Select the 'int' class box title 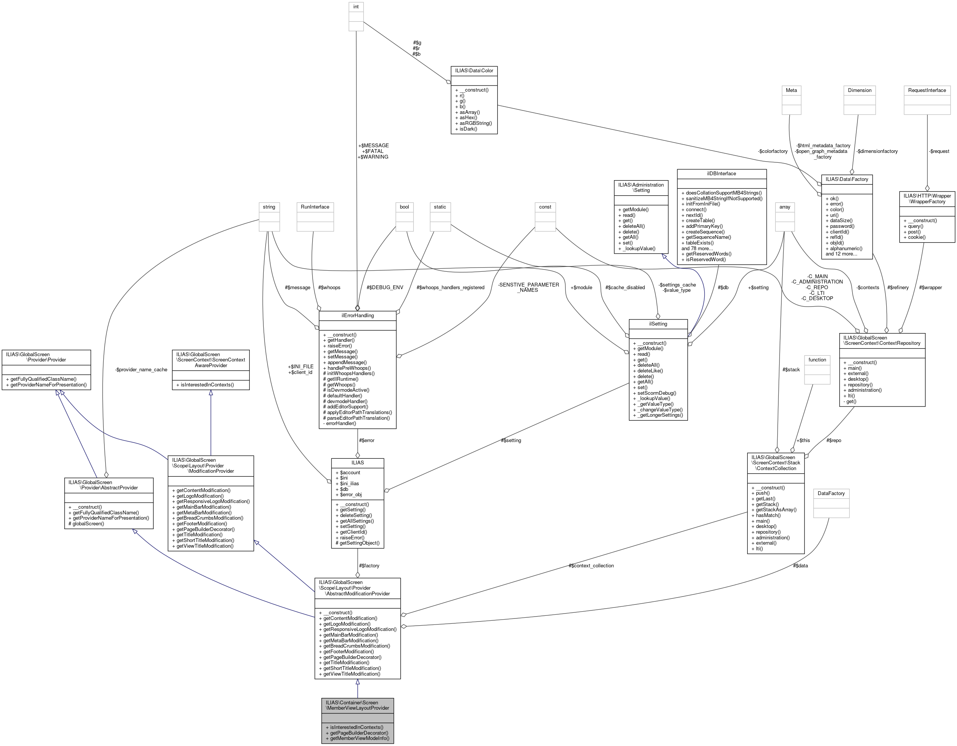pyautogui.click(x=356, y=6)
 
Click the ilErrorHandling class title pyautogui.click(x=357, y=315)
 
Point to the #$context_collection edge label pyautogui.click(x=591, y=565)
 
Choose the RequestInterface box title pyautogui.click(x=927, y=90)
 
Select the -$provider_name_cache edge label pyautogui.click(x=141, y=369)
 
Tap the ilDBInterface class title pyautogui.click(x=721, y=174)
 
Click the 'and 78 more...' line pyautogui.click(x=697, y=248)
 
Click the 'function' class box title pyautogui.click(x=817, y=360)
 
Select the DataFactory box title pyautogui.click(x=831, y=494)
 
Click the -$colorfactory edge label pyautogui.click(x=772, y=151)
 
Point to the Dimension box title pyautogui.click(x=859, y=90)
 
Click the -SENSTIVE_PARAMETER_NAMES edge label pyautogui.click(x=528, y=287)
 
